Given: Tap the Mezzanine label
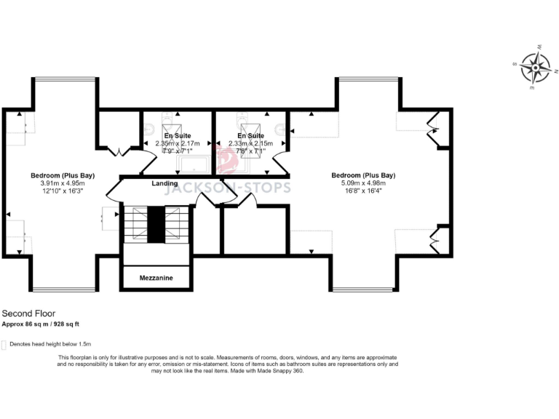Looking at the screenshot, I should [156, 278].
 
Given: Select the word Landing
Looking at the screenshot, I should [164, 183].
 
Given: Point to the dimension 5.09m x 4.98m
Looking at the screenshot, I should [363, 183].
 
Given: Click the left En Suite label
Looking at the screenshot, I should [178, 136].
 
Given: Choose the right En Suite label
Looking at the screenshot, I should [250, 136].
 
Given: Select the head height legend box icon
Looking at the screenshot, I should [4, 344].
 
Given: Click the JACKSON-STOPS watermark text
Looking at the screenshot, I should [228, 188].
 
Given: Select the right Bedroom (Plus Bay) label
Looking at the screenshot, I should [363, 175].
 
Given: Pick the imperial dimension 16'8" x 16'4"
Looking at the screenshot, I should [363, 192].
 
